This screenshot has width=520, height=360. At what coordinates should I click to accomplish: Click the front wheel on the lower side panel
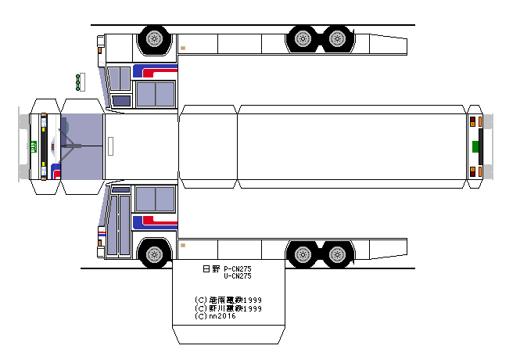[154, 254]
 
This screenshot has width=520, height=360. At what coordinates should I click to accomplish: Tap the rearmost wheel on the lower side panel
[337, 254]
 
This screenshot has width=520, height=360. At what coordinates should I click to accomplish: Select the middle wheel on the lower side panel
[302, 254]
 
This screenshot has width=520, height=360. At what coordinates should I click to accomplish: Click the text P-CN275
[237, 268]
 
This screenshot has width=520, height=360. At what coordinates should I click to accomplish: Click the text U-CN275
[237, 275]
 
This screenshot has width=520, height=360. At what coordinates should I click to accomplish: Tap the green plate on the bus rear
[475, 146]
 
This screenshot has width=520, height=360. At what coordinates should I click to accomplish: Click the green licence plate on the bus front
[34, 146]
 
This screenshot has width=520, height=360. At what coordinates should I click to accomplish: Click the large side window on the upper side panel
[155, 94]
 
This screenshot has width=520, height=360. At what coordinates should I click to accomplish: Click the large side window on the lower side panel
[155, 199]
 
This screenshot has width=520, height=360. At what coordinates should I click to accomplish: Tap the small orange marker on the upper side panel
[182, 48]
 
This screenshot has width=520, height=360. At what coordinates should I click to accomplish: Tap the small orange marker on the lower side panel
[182, 244]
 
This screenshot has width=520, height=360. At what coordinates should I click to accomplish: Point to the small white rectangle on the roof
[111, 146]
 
